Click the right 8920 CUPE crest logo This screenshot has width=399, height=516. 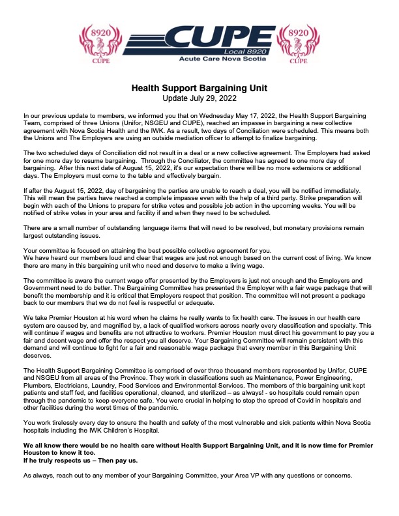coord(297,43)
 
